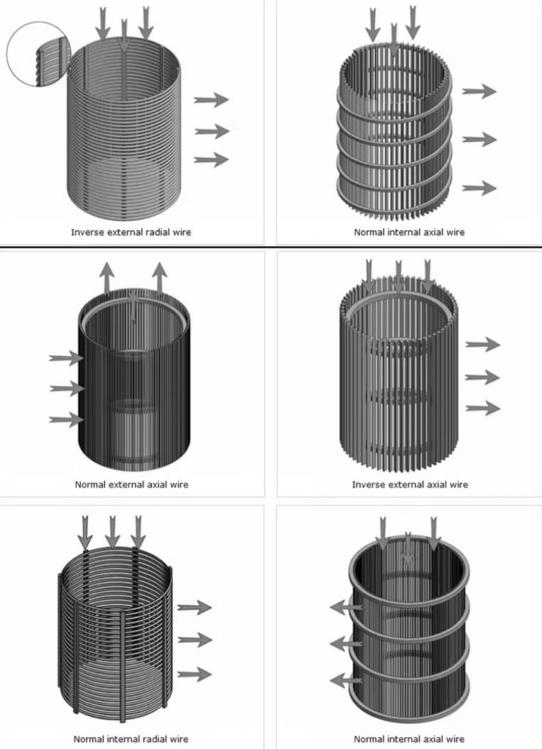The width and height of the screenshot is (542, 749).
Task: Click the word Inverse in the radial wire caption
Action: pos(86,232)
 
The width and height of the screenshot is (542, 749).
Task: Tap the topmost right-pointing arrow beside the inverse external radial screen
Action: pos(211,100)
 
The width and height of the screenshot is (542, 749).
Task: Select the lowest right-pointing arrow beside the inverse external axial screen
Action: pos(482,408)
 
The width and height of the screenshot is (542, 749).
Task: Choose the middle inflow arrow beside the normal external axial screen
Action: pos(67,389)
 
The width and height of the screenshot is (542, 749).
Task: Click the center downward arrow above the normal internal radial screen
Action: pos(112,531)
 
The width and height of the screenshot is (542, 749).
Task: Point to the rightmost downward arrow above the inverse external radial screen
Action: pos(145,23)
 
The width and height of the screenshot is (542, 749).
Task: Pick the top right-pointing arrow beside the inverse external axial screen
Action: pos(482,345)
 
